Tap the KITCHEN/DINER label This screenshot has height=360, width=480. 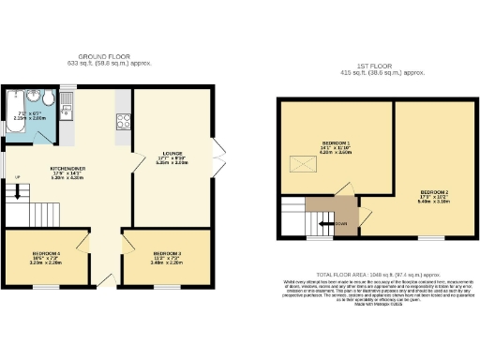coord(68,169)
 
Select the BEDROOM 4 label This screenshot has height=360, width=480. coord(47,254)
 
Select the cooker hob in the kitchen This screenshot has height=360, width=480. coord(123,119)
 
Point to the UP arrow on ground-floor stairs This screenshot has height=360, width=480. coord(16,178)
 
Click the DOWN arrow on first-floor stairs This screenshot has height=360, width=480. coord(338,223)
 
